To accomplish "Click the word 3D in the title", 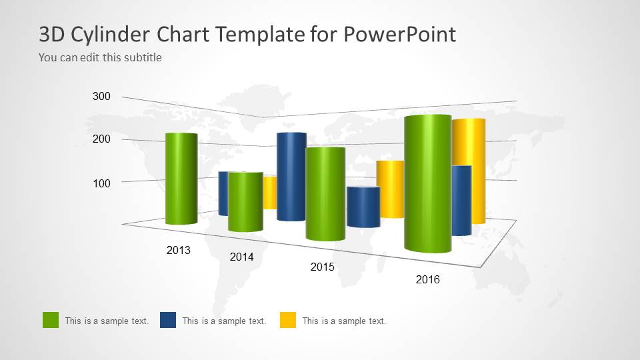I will pos(53,34).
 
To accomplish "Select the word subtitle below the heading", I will pos(141,57).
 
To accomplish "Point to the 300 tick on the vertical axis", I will pos(101,97).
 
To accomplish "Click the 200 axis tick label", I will pos(101,139).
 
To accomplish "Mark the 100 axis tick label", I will pos(101,183).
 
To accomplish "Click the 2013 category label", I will pos(178,251).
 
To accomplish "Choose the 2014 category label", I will pos(241,257).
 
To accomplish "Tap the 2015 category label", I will pos(323,267).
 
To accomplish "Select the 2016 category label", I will pos(427,280).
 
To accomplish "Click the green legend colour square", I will pos(51,320).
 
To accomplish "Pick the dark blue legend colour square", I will pos(168,320).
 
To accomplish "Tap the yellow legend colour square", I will pos(288,320).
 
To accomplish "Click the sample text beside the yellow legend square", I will pos(344,321).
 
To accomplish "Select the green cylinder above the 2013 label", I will pos(181,179).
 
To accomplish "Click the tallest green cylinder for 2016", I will pos(427,183).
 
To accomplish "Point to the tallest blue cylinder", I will pos(291,177).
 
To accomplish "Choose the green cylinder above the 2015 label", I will pos(325,193).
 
